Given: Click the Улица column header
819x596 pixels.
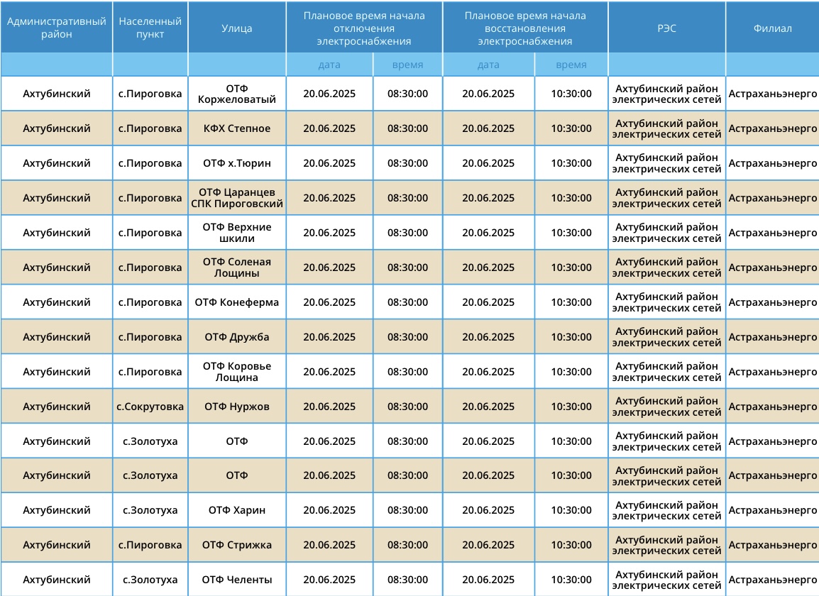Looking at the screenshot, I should point(237,28).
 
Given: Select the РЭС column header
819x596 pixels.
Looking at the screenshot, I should point(666,28).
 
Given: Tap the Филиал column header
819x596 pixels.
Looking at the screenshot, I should point(772,28).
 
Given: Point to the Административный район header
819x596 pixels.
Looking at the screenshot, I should point(57,28).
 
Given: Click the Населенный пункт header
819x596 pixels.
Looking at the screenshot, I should point(150,28).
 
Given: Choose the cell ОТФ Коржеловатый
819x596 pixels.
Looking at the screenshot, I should point(237,94).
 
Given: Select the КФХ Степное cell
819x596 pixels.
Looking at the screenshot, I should point(237,128).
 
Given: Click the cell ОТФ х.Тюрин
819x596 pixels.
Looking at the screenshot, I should point(237,163).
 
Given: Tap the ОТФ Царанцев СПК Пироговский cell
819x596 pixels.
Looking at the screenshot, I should point(237,198).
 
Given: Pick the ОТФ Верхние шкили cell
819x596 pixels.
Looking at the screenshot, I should point(237,233).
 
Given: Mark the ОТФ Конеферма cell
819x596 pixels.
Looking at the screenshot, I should point(237,302).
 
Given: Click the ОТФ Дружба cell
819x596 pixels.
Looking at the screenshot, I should point(237,337).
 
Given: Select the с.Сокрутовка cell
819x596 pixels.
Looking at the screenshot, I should point(150,407).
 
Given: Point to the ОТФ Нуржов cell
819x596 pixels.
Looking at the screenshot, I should point(237,407).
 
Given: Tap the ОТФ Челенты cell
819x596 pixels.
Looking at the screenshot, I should point(237,580).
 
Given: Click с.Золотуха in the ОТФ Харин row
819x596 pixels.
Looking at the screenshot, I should point(150,510).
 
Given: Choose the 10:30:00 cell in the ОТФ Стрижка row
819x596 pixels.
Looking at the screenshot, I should point(571,545).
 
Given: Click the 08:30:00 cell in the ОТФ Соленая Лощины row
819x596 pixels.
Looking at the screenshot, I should point(407,267).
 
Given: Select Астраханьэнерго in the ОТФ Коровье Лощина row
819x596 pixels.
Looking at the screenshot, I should point(772,372).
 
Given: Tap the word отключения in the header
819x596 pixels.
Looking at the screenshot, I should point(364,28).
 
